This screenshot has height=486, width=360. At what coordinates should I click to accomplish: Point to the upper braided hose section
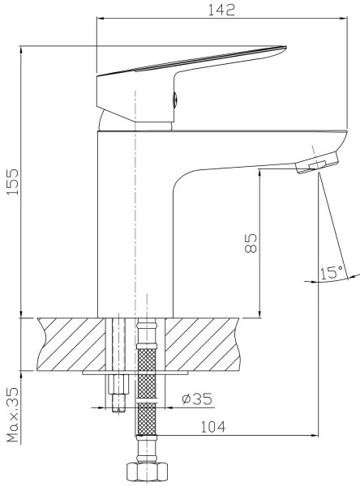(x=145, y=356)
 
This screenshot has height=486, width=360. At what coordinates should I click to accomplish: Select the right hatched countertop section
(x=207, y=343)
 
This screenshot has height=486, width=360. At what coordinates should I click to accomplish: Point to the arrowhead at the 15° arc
(x=313, y=280)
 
